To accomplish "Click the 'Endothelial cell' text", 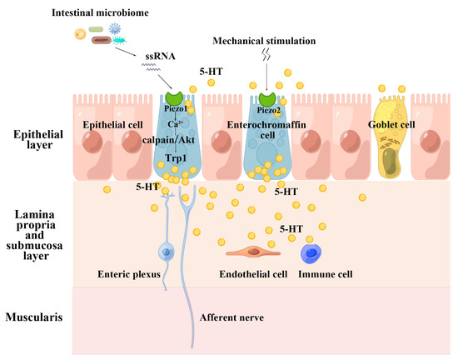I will (248, 273).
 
